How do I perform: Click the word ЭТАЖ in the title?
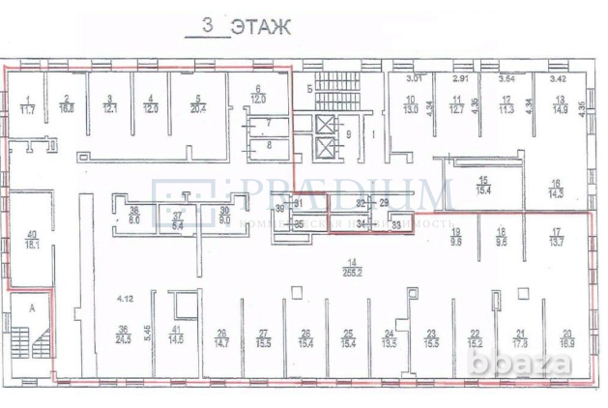260,26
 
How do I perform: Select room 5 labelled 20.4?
197,104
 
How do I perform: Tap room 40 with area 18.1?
32,240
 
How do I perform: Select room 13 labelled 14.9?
559,104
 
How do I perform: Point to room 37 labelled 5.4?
178,219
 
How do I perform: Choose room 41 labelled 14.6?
175,334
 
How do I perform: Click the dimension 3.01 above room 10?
417,77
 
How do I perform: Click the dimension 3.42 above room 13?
558,77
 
